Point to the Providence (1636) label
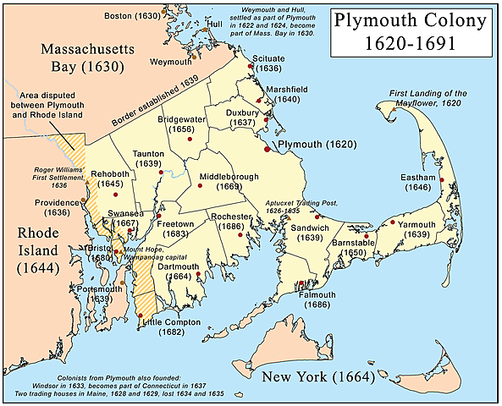pos(58,208)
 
